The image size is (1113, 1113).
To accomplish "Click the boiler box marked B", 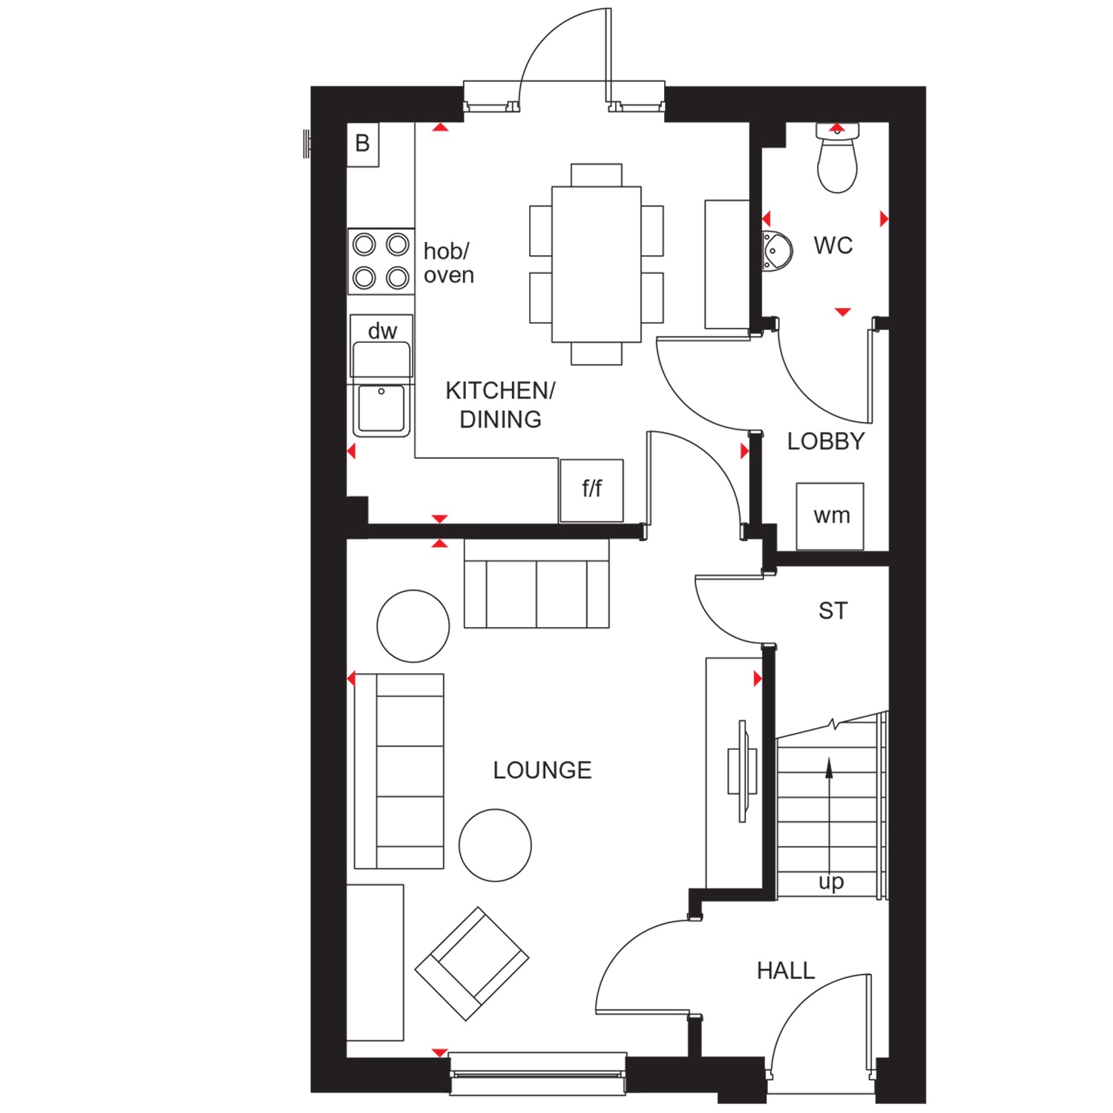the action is coord(363,144).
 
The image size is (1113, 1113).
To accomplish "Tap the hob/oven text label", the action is coord(448,263).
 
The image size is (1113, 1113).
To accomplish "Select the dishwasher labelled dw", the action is coord(381,347).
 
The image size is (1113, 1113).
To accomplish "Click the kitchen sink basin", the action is coord(381,408).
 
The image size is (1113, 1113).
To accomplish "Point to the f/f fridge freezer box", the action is coord(591,490).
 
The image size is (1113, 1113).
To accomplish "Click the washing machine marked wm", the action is coord(830,516).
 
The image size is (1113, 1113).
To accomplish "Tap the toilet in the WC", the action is coord(837,158).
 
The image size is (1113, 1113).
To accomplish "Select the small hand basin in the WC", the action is coord(777,251).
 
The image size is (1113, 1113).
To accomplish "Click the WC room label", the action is coord(833,246).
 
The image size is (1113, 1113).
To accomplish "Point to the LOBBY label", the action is coord(826,441).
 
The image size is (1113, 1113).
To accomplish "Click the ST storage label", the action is coord(833,611).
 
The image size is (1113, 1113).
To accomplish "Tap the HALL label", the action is coord(786,971).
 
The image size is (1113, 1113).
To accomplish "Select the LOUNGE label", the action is coord(542,770).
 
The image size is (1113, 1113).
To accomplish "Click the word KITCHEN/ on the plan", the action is coord(500,390).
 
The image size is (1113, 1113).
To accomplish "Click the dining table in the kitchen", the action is coord(597,264).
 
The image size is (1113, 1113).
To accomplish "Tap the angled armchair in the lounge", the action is coord(472,963).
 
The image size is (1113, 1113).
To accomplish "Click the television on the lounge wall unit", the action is coord(742,771).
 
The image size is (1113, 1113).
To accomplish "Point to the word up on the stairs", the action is coord(831,882).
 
